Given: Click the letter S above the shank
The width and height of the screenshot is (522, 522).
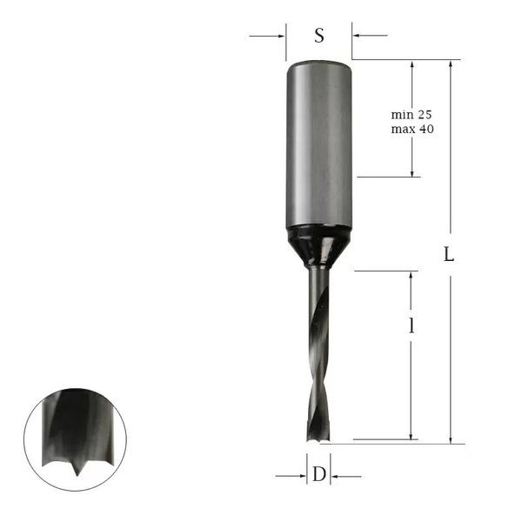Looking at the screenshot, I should pyautogui.click(x=319, y=36).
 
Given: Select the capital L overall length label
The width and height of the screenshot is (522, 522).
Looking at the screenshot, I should pyautogui.click(x=449, y=256).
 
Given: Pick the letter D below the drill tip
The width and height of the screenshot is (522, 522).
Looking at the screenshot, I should pyautogui.click(x=319, y=475).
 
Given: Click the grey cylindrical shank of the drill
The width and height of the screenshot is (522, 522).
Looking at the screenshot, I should pyautogui.click(x=318, y=144).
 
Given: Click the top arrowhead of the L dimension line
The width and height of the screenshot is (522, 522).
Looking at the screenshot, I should pyautogui.click(x=450, y=66).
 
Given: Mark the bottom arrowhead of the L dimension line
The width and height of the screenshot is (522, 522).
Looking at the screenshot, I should pyautogui.click(x=450, y=438).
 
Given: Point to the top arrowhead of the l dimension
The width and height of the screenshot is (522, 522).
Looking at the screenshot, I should pyautogui.click(x=411, y=276).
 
